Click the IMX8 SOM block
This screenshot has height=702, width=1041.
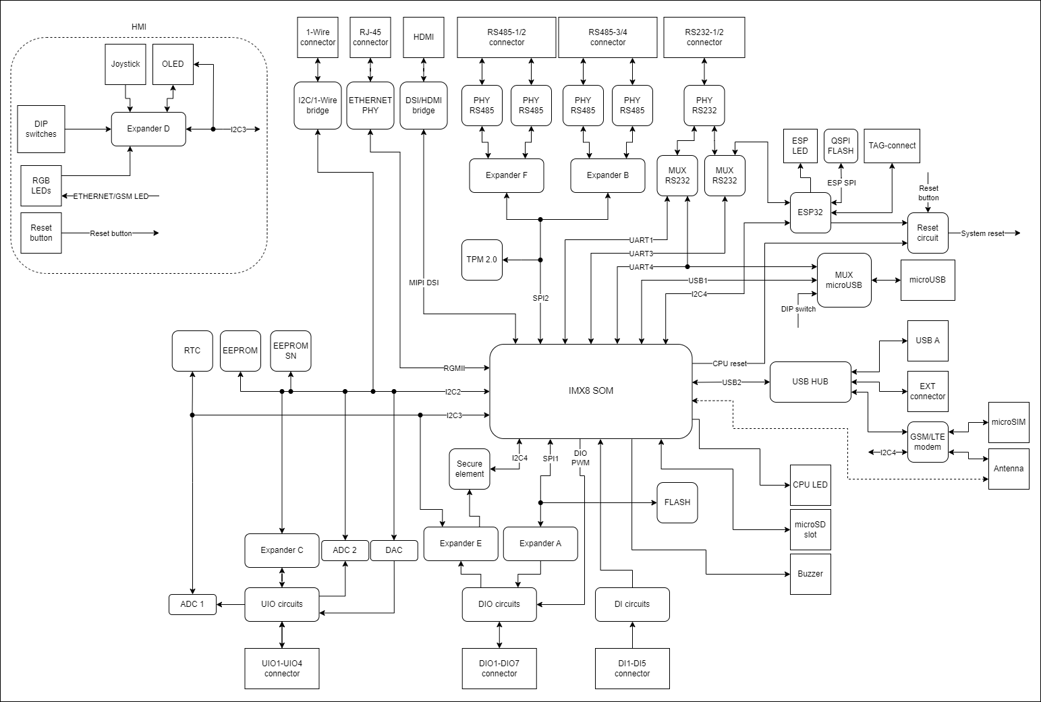590,390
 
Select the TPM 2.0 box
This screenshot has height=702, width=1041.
482,260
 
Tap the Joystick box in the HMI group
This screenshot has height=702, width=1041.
125,64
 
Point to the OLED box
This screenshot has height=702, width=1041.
173,64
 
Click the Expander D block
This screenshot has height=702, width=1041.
148,129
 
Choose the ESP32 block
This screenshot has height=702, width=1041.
810,212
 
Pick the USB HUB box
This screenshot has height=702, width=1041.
810,382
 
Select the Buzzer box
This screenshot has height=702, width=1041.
810,574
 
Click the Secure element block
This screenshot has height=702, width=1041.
470,469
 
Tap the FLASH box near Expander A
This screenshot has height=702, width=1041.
677,502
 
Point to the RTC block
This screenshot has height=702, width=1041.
192,351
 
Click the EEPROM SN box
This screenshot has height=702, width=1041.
291,351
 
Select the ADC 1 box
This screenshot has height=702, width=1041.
192,604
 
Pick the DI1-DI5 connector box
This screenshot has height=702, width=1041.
632,668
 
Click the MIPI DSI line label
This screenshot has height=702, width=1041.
424,283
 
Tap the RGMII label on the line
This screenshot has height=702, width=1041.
454,368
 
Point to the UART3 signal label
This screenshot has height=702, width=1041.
641,254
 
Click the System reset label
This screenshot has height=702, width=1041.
982,233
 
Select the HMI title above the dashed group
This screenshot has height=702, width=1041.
139,27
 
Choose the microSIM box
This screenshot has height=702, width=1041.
1009,422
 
